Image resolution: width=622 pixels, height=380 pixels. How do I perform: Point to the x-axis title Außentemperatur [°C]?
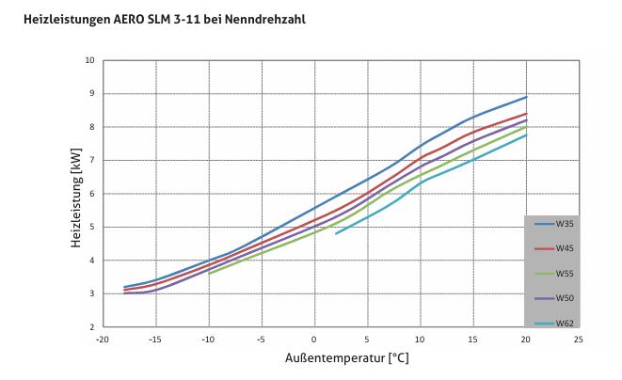pyautogui.click(x=346, y=358)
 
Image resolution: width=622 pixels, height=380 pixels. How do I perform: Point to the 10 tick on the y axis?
pyautogui.click(x=89, y=60)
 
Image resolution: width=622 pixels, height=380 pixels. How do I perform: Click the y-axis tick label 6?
pyautogui.click(x=91, y=194)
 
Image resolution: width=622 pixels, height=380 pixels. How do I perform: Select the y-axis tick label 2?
pyautogui.click(x=91, y=327)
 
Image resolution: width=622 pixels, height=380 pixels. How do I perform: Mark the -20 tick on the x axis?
pyautogui.click(x=102, y=337)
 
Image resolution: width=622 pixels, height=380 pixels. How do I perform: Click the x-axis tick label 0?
pyautogui.click(x=314, y=337)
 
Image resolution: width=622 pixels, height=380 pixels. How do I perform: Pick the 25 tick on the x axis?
pyautogui.click(x=580, y=337)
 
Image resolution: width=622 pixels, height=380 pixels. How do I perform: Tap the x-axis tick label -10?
pyautogui.click(x=208, y=337)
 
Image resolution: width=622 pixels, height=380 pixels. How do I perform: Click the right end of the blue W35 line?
pyautogui.click(x=527, y=97)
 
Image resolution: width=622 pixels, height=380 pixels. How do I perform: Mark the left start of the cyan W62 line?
pyautogui.click(x=336, y=233)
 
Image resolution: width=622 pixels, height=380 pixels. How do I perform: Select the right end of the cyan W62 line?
pyautogui.click(x=527, y=135)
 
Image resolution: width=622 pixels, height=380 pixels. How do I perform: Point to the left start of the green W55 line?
pyautogui.click(x=208, y=274)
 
